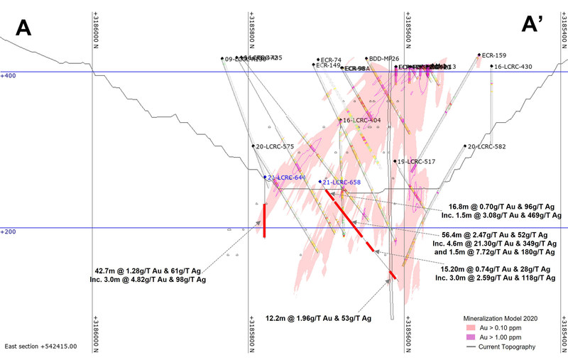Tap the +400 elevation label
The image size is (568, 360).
pos(8,75)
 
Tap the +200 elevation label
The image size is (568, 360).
pos(8,231)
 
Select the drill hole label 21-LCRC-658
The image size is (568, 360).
pos(342,182)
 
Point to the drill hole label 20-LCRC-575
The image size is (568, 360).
pos(274,146)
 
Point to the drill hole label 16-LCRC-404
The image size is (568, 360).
pos(362,120)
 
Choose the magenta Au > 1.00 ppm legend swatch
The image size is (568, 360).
pos(469,337)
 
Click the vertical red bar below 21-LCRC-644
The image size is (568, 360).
pos(265,220)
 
